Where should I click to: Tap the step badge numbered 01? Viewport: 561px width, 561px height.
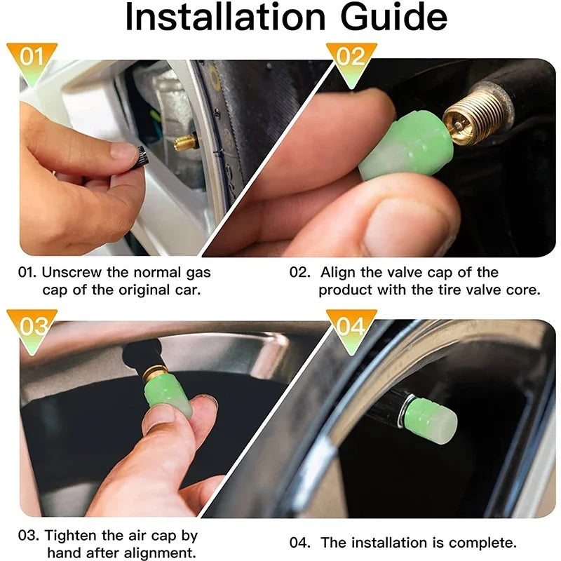coord(31,57)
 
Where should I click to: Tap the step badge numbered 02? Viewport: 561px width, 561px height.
coord(351,57)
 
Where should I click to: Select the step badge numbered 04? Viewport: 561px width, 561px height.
coord(351,326)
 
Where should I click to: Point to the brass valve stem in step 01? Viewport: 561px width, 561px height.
coord(187,143)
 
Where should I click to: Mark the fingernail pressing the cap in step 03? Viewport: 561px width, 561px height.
coord(203,403)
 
